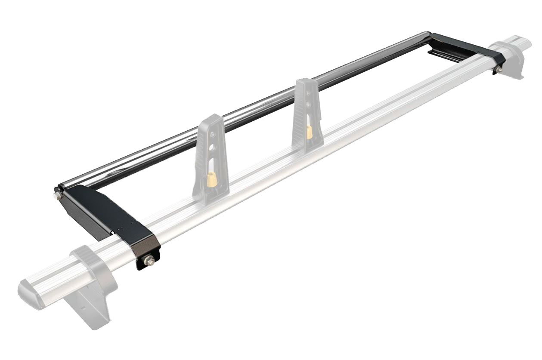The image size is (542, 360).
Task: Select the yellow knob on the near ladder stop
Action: [x=211, y=177]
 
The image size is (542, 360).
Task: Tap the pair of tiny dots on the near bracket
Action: [x=125, y=227]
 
